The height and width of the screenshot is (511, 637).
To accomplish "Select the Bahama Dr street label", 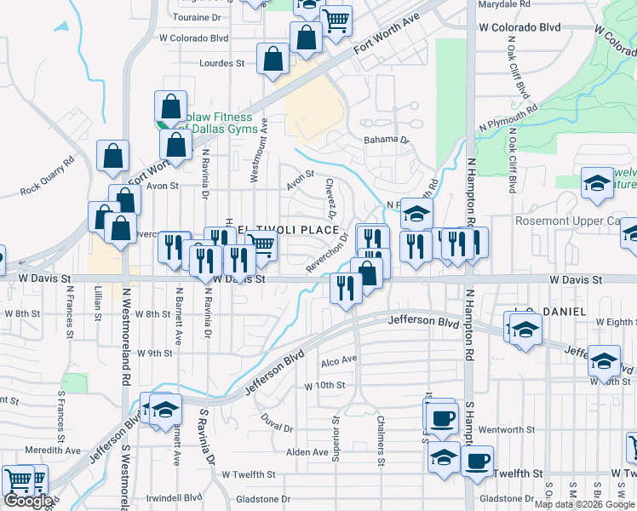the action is [x=387, y=140].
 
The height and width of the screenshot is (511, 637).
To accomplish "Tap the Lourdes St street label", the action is [x=221, y=63].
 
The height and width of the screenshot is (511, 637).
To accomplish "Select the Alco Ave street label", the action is [x=339, y=360].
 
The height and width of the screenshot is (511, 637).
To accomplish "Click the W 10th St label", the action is [x=324, y=386].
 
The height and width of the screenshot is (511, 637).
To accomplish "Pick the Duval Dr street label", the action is [x=277, y=422].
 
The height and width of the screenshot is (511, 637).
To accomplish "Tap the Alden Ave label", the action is [x=307, y=452].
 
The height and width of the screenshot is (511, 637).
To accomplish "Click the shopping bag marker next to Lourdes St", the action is [x=273, y=59].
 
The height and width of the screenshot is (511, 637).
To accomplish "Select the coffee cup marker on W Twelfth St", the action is [x=476, y=461].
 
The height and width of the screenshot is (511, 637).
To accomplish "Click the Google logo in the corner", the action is [x=28, y=501].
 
